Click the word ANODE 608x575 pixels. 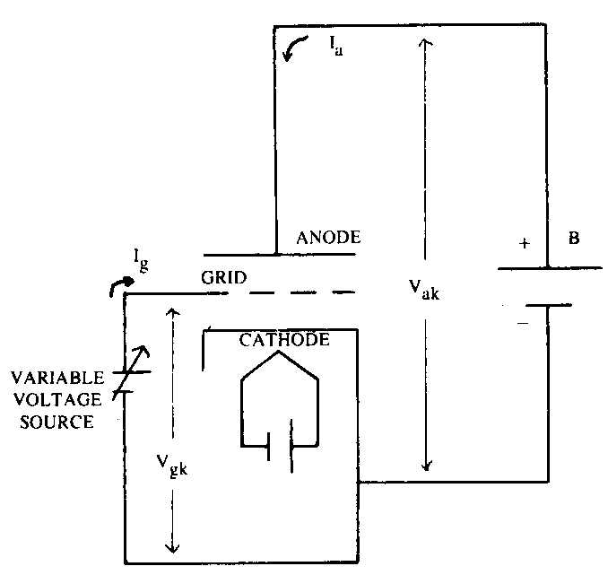click(328, 238)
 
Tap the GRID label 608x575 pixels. click(223, 277)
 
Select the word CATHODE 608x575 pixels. click(284, 340)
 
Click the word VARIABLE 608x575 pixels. click(57, 378)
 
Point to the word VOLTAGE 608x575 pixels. click(57, 399)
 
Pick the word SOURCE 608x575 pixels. click(57, 422)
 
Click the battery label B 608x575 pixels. click(574, 238)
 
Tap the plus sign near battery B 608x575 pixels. click(525, 243)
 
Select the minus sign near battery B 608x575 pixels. click(523, 323)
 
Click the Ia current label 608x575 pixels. click(336, 46)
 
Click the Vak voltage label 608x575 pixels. click(424, 290)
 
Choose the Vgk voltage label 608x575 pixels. click(172, 466)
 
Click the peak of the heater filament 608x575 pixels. click(278, 352)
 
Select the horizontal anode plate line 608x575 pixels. click(280, 255)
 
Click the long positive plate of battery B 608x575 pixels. click(550, 267)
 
